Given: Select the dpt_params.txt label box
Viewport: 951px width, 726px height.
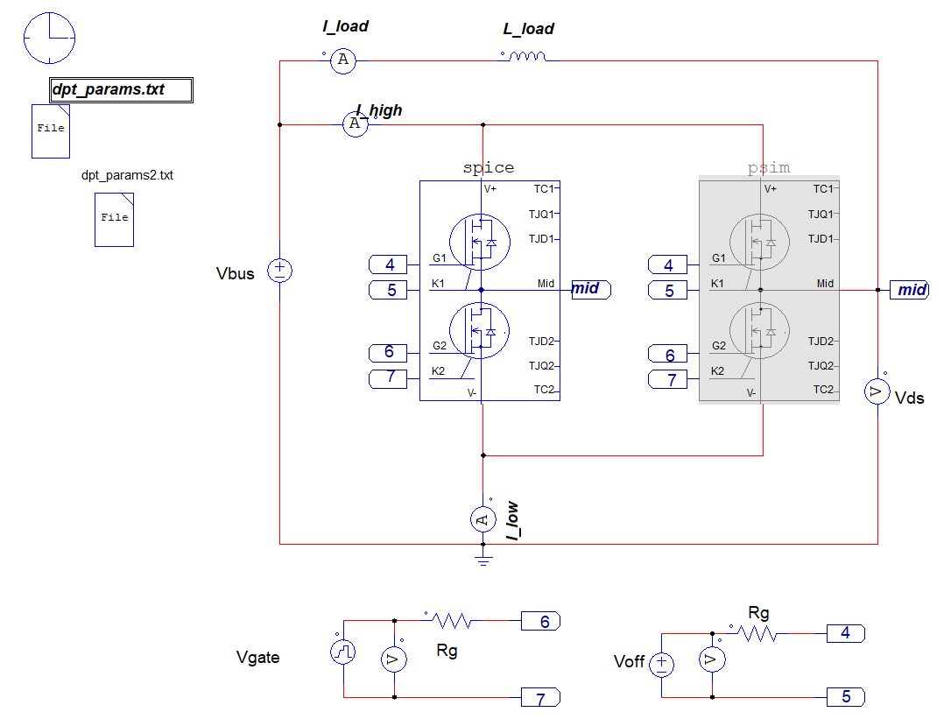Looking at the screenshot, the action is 121,89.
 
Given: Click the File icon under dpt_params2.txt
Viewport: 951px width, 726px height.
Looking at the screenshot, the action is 114,220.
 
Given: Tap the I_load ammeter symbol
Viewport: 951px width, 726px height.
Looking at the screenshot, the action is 342,60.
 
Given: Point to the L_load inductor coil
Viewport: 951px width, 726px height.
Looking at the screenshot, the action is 527,56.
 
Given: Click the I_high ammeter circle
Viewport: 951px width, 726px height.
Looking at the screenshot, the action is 355,124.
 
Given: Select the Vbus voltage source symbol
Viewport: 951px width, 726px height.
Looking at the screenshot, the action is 279,271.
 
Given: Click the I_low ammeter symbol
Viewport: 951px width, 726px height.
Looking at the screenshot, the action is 483,519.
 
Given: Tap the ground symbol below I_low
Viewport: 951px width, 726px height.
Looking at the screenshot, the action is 483,558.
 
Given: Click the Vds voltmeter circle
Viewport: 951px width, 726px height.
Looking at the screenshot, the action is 877,391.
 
